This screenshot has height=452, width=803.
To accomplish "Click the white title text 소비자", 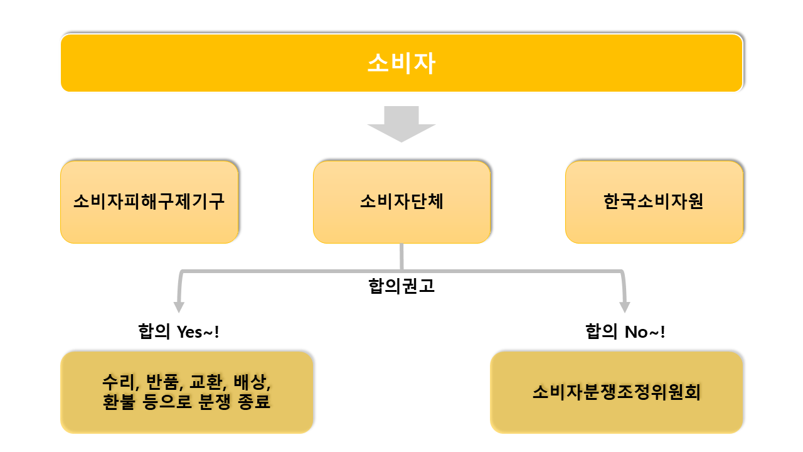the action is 401,63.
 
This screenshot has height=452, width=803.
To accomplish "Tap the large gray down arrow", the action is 401,124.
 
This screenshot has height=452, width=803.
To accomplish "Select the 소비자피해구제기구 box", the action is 149,202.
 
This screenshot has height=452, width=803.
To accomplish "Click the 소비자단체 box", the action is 402,202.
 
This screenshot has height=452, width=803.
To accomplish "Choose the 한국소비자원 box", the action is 654,202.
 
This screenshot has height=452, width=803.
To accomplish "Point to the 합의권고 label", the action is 401,286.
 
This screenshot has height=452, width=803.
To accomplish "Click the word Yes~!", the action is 198,332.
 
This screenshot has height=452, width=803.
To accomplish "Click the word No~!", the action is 645,332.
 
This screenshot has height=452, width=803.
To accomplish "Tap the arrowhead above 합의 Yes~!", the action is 179,307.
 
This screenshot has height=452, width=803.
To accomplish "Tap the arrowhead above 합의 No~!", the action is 625,307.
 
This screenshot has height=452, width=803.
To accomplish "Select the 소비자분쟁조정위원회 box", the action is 617,392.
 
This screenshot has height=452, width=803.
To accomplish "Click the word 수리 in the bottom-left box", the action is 119,382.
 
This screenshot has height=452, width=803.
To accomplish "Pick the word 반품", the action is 162,382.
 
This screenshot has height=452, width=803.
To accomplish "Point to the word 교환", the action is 207,382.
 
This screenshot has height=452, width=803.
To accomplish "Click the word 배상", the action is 250,382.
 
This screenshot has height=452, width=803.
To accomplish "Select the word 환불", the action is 119,402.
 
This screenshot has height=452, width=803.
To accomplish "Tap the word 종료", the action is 254,402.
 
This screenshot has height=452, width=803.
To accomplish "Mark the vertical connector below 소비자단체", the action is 401,257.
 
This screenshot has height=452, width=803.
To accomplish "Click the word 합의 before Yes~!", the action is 154,331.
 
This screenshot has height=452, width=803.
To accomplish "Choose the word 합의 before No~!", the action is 602,331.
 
